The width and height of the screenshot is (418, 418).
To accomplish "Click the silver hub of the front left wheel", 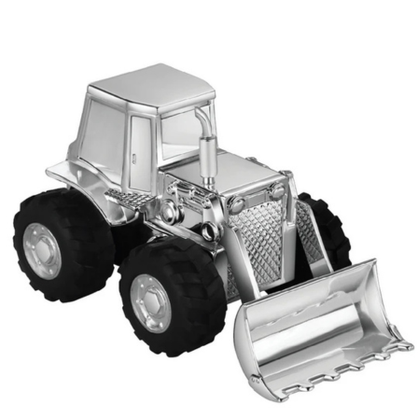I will click(150, 300).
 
